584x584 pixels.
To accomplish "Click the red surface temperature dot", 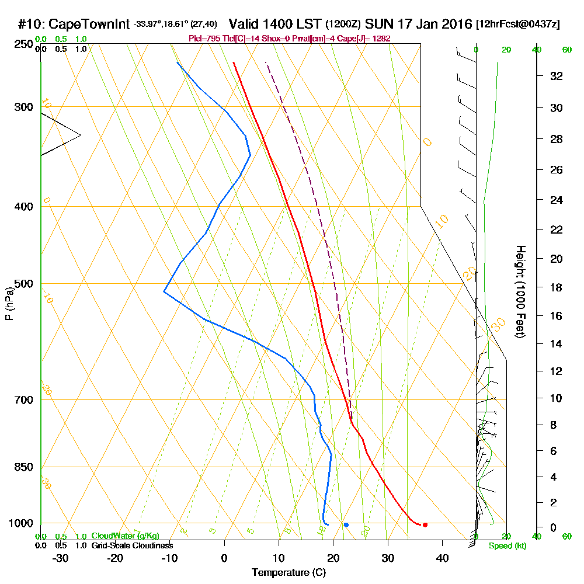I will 425,525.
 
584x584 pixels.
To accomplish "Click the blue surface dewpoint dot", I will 346,525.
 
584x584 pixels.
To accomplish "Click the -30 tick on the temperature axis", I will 61,558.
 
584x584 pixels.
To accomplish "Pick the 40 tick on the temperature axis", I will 442,558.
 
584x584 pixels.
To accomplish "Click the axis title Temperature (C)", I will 288,573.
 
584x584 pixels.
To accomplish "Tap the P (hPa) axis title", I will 9,303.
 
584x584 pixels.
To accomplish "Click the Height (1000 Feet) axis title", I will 520,291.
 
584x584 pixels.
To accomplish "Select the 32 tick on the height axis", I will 557,76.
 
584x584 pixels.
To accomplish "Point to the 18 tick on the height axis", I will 557,288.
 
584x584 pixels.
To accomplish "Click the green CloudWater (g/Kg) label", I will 124,536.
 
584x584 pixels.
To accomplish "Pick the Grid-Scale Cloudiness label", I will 131,545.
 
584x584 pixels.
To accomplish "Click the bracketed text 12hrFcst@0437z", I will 518,25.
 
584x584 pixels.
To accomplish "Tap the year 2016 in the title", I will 457,25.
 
